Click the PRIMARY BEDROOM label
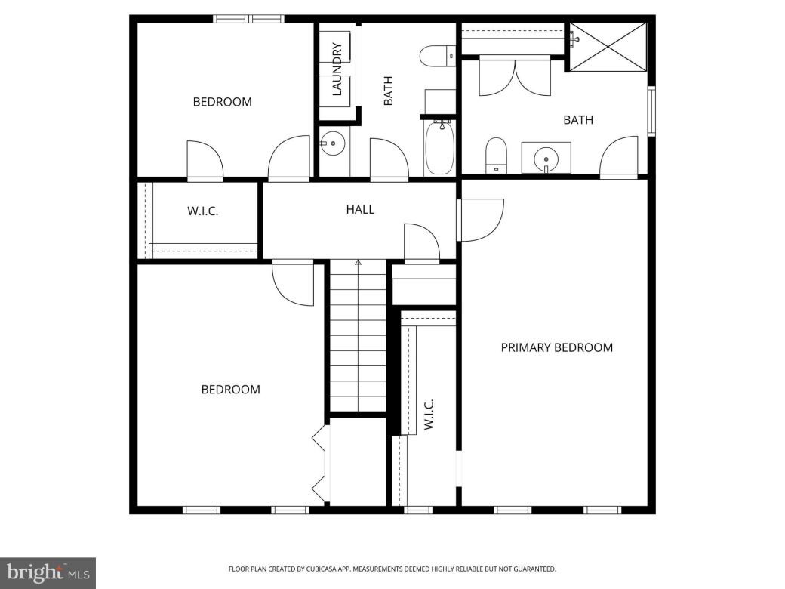557,347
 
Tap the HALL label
360,210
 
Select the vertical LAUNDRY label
337,69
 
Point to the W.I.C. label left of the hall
202,211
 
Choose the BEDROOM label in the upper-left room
222,102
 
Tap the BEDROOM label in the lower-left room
230,390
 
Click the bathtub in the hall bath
439,147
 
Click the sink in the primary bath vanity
546,159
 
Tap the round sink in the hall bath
332,143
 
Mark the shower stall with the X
608,48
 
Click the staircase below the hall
358,336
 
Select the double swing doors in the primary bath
515,77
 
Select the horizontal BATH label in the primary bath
578,120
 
